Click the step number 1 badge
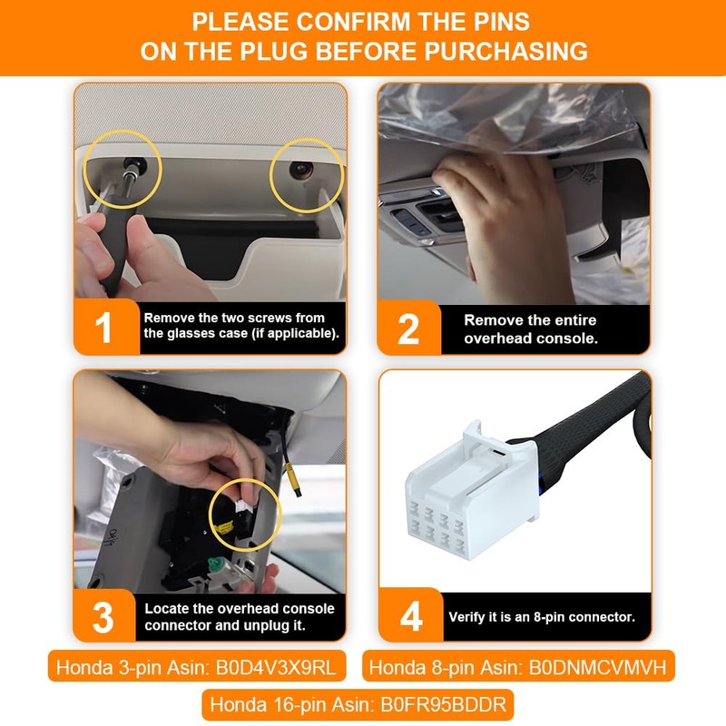pyautogui.click(x=104, y=328)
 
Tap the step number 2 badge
pyautogui.click(x=408, y=329)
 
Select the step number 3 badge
pyautogui.click(x=103, y=616)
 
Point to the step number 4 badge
pyautogui.click(x=410, y=616)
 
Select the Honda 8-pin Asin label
pyautogui.click(x=516, y=668)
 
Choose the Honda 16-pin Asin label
pyautogui.click(x=363, y=703)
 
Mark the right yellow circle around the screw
pyautogui.click(x=307, y=175)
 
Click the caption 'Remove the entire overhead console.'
pyautogui.click(x=530, y=329)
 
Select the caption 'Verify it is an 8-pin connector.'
pyautogui.click(x=542, y=616)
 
